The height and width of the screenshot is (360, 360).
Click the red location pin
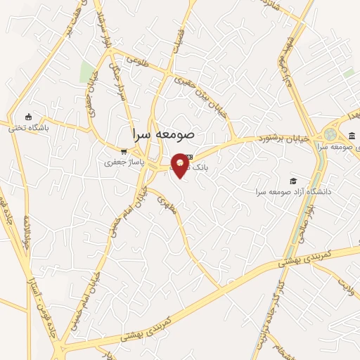[x=180, y=164]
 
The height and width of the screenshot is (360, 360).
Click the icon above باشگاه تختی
[x=28, y=117]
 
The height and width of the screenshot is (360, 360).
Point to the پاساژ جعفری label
[x=119, y=162]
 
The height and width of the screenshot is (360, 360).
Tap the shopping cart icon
[x=124, y=150]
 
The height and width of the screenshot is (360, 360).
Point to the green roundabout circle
[x=330, y=134]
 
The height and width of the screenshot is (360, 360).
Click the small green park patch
[x=87, y=72]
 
